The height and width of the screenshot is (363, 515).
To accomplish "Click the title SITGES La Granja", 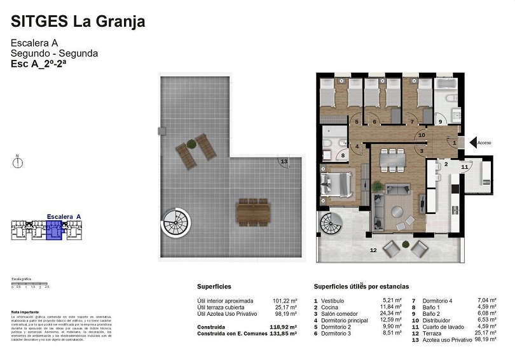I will coord(78,22).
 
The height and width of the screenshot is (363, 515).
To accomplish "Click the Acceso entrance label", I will coord(484,143).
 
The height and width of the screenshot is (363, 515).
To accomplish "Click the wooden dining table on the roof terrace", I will coord(253,212).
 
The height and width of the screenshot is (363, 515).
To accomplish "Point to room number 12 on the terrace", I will coord(373,250).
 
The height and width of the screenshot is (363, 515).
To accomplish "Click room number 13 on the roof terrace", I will coord(284,162).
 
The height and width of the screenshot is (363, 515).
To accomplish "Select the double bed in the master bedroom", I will coord(338,184).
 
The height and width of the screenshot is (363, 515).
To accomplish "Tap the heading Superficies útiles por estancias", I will coord(361,287).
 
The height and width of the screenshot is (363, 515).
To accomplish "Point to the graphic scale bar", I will coord(30,283).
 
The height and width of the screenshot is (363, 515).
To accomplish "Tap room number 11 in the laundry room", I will coord(464,167).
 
